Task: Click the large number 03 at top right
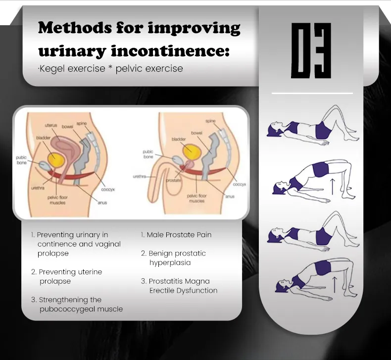point(311,51)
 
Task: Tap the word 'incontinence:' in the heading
point(170,51)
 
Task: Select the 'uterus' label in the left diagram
point(51,125)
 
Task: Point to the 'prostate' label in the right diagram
point(173,180)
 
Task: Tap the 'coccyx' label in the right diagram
point(240,184)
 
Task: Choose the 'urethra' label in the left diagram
point(38,188)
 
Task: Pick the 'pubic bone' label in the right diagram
point(148,154)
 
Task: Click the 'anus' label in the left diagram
point(102,203)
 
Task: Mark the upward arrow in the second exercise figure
point(332,186)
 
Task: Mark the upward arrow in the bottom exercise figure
point(335,284)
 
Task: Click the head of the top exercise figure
point(274,129)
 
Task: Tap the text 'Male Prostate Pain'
point(179,235)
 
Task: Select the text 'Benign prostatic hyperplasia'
point(174,258)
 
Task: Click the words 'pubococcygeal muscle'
point(81,309)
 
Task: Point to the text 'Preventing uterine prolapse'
point(67,276)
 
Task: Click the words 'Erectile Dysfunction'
point(183,290)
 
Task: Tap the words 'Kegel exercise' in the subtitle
point(72,69)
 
